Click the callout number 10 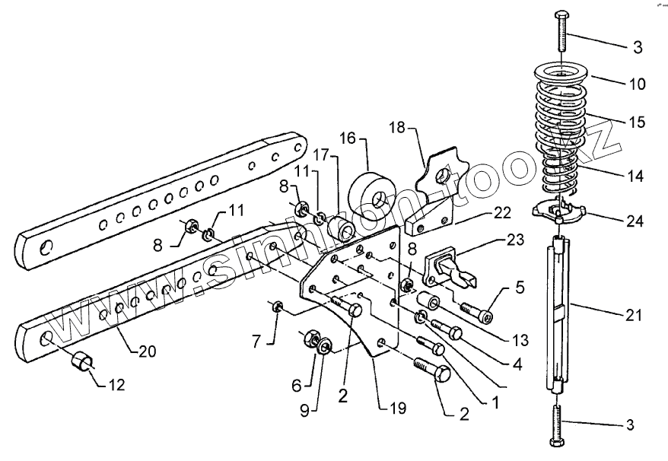pyautogui.click(x=636, y=83)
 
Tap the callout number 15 pyautogui.click(x=636, y=122)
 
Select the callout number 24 pyautogui.click(x=635, y=221)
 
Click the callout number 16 pyautogui.click(x=347, y=139)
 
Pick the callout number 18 pyautogui.click(x=397, y=127)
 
